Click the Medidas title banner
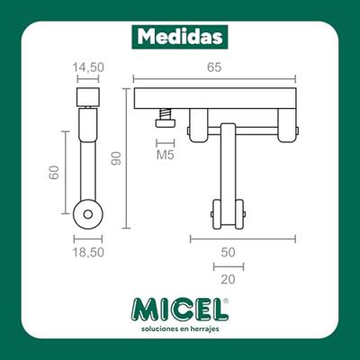click(x=180, y=36)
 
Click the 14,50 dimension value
click(x=87, y=67)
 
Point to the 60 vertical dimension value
click(x=54, y=172)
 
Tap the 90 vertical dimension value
click(x=114, y=159)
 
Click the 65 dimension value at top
click(x=214, y=67)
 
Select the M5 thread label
click(x=165, y=156)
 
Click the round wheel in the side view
click(x=87, y=216)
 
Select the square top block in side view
click(x=87, y=96)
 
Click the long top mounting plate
click(x=214, y=98)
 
